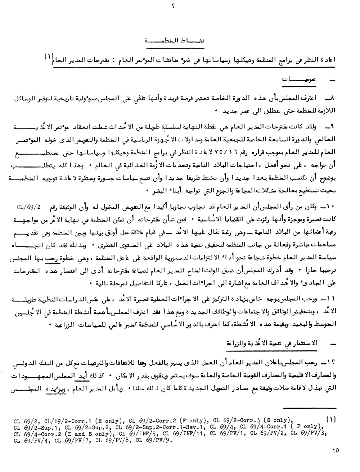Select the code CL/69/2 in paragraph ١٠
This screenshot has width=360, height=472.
(29, 208)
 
